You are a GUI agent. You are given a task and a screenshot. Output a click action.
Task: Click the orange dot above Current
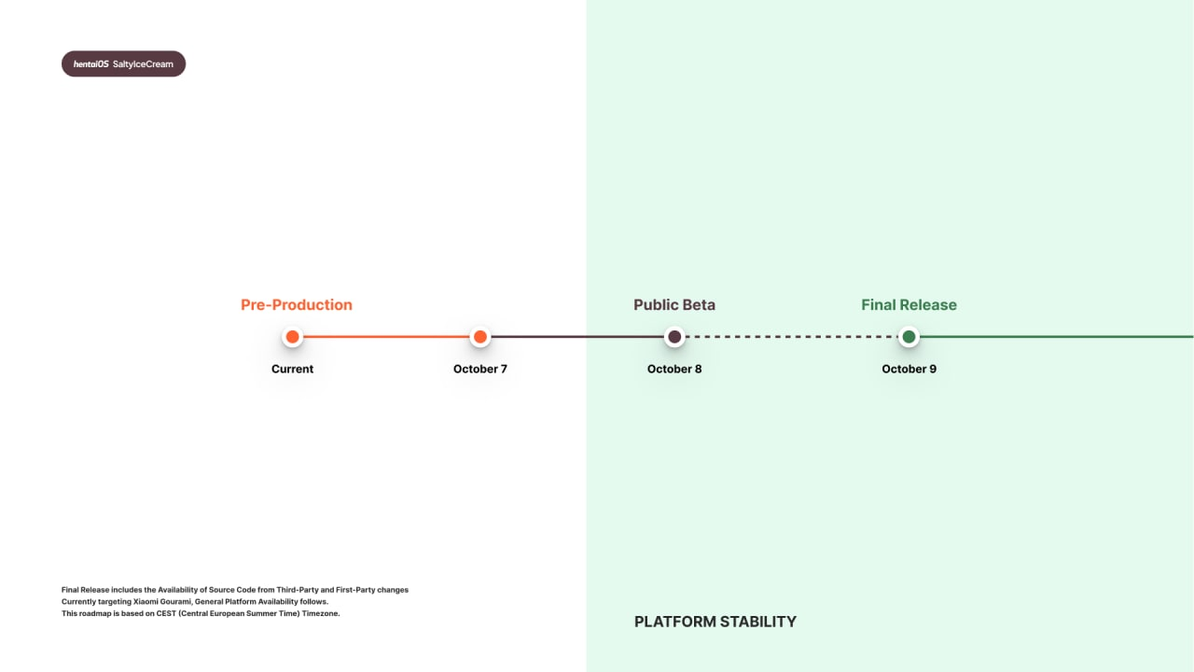(292, 337)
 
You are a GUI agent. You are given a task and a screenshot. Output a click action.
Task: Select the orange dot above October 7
(480, 337)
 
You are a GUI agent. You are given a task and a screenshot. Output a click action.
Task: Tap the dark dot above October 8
(674, 337)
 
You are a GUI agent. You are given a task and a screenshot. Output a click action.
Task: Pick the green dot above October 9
(909, 337)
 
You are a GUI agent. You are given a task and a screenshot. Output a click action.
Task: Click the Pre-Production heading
(297, 304)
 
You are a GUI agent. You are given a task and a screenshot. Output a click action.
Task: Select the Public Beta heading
(674, 304)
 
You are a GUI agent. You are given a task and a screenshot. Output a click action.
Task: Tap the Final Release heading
(909, 304)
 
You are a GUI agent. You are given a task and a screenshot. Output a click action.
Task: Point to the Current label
(292, 369)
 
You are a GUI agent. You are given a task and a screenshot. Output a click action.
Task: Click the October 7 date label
(480, 369)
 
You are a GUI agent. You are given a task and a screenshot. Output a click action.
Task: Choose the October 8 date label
(674, 369)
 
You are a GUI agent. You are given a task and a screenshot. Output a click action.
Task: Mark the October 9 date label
(909, 369)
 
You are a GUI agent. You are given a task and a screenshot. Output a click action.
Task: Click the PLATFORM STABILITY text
(715, 622)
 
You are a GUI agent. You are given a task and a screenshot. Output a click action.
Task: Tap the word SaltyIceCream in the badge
(143, 64)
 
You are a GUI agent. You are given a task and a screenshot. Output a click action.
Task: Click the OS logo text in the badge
(91, 64)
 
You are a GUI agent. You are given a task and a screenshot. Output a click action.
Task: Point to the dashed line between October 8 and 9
(792, 337)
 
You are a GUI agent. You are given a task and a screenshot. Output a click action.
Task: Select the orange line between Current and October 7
(386, 337)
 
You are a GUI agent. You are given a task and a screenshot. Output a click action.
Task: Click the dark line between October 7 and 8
(577, 337)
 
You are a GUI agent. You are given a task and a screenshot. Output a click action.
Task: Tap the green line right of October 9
(1057, 337)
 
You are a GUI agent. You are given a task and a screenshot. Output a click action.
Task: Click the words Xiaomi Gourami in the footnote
(162, 602)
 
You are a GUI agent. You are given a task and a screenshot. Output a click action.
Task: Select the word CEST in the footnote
(166, 613)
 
